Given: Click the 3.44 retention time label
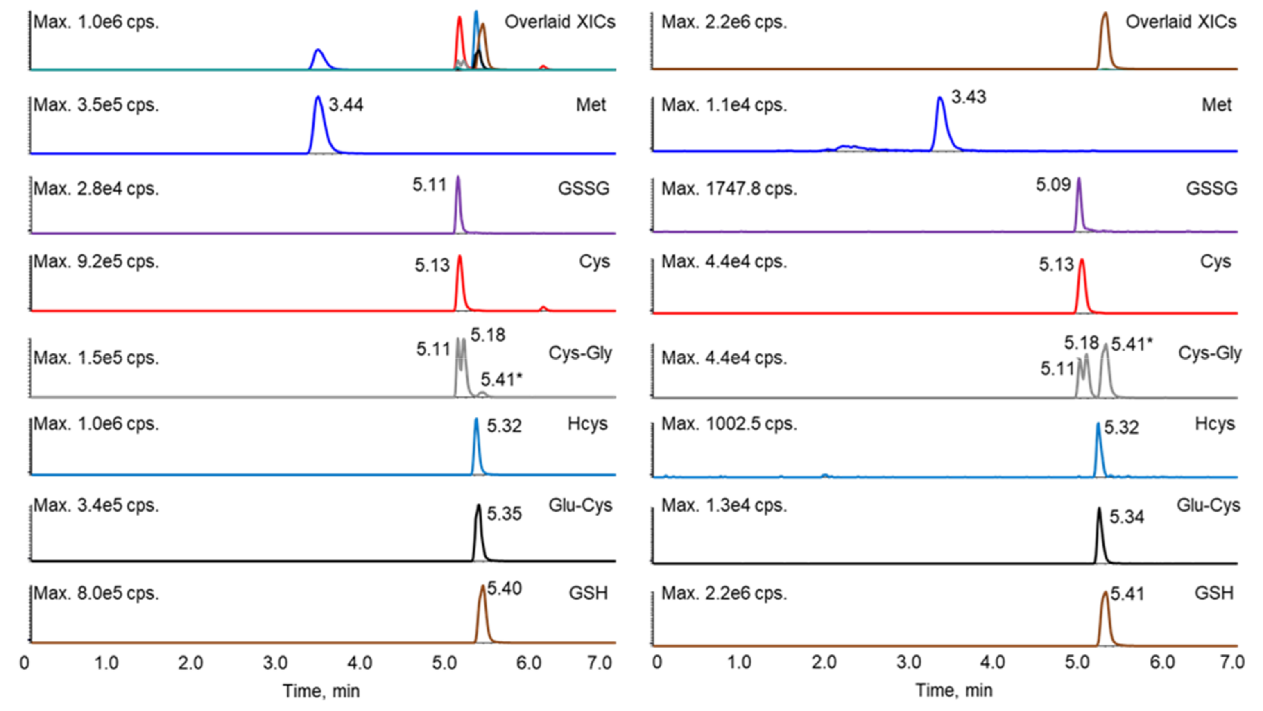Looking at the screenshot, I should [346, 105].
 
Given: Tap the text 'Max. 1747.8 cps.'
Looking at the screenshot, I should [729, 189].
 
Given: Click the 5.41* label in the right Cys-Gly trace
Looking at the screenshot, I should [1132, 344].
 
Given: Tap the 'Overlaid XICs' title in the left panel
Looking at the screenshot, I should [560, 22].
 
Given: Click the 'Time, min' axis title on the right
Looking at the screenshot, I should [954, 691].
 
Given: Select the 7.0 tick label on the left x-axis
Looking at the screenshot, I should [599, 663].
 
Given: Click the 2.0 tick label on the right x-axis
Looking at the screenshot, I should [824, 662].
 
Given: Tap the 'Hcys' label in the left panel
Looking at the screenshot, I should [587, 423].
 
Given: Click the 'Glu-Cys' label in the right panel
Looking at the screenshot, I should [1209, 505].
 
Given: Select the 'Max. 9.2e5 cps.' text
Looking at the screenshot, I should [96, 262].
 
